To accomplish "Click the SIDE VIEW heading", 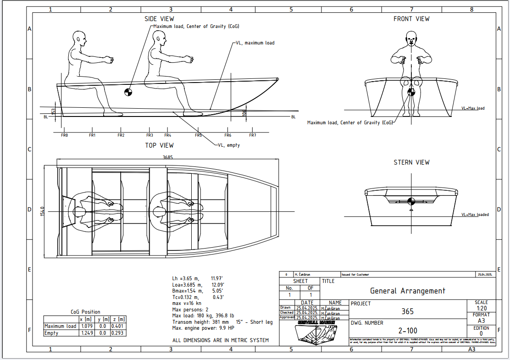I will pos(159,19).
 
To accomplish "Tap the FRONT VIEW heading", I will pos(411,19).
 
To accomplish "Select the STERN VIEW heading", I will pos(411,162).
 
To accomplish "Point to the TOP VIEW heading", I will pos(159,145).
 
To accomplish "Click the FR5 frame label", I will pos(198,135).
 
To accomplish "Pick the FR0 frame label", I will pos(64,135).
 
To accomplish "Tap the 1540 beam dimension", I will pos(43,211).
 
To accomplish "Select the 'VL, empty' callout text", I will pos(228,145).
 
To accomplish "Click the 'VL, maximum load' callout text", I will pos(255,43).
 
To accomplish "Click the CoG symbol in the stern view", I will pos(411,200).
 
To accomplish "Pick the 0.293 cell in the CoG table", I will pos(118,333).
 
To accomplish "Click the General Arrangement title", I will pos(407,291).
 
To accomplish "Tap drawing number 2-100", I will pos(407,331).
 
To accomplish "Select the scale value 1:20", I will pos(482,309).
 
